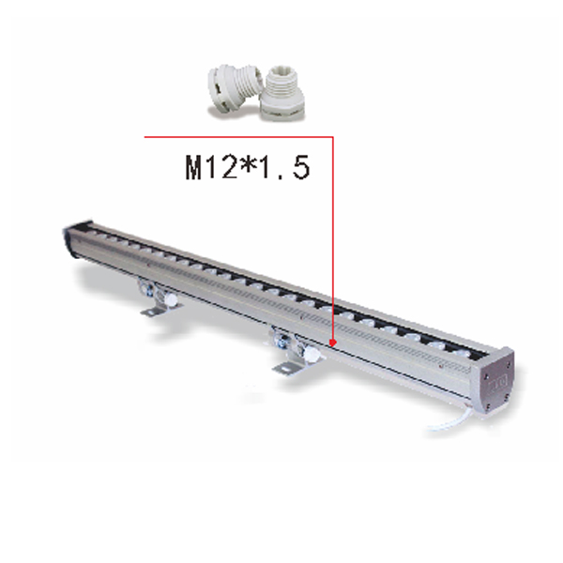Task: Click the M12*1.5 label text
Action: click(x=246, y=169)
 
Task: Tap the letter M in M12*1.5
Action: click(x=194, y=169)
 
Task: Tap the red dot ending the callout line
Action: click(x=333, y=343)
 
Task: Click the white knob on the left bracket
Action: click(x=173, y=301)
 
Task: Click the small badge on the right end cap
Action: click(x=498, y=381)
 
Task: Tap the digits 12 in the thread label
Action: click(x=221, y=169)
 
